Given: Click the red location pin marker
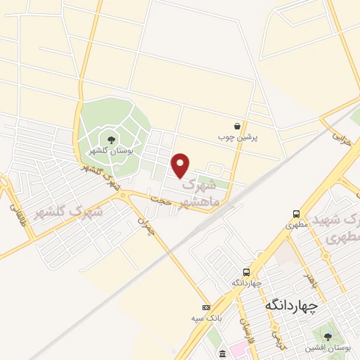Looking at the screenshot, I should [x=181, y=165].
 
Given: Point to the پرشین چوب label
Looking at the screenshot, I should [x=238, y=136].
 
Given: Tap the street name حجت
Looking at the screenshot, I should [x=162, y=202].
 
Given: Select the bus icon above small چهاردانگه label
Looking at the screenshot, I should [x=246, y=271].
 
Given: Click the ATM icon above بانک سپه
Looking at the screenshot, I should [x=206, y=308].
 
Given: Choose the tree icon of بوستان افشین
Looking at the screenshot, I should [x=328, y=335].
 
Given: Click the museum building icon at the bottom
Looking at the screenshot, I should [x=223, y=354].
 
